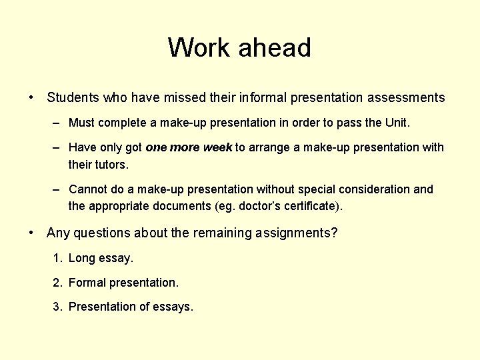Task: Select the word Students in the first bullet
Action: pyautogui.click(x=73, y=98)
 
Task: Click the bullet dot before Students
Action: pyautogui.click(x=31, y=98)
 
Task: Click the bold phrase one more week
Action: pyautogui.click(x=189, y=147)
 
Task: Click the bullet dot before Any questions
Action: pyautogui.click(x=31, y=233)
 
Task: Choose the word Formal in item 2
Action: pyautogui.click(x=87, y=283)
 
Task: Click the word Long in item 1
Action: pyautogui.click(x=82, y=258)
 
